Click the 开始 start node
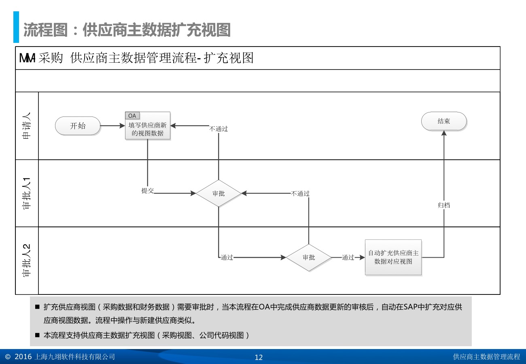(x=78, y=126)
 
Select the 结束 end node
(x=444, y=121)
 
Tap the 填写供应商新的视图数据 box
(x=148, y=129)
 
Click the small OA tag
(x=132, y=116)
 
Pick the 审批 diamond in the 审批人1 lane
(x=218, y=193)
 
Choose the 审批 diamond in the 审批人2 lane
(x=309, y=257)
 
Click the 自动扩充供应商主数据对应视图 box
(x=393, y=257)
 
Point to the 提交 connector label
(x=148, y=190)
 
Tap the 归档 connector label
(x=444, y=205)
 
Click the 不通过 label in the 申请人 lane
(x=218, y=129)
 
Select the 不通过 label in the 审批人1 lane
(x=300, y=194)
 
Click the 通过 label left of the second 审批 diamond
(x=227, y=257)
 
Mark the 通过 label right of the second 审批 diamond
(x=348, y=257)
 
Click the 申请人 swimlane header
(x=27, y=126)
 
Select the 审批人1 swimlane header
(x=27, y=193)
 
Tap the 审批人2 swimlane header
(x=27, y=260)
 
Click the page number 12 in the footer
(x=259, y=357)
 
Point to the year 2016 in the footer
(x=23, y=357)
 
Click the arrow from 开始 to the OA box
(x=112, y=126)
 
